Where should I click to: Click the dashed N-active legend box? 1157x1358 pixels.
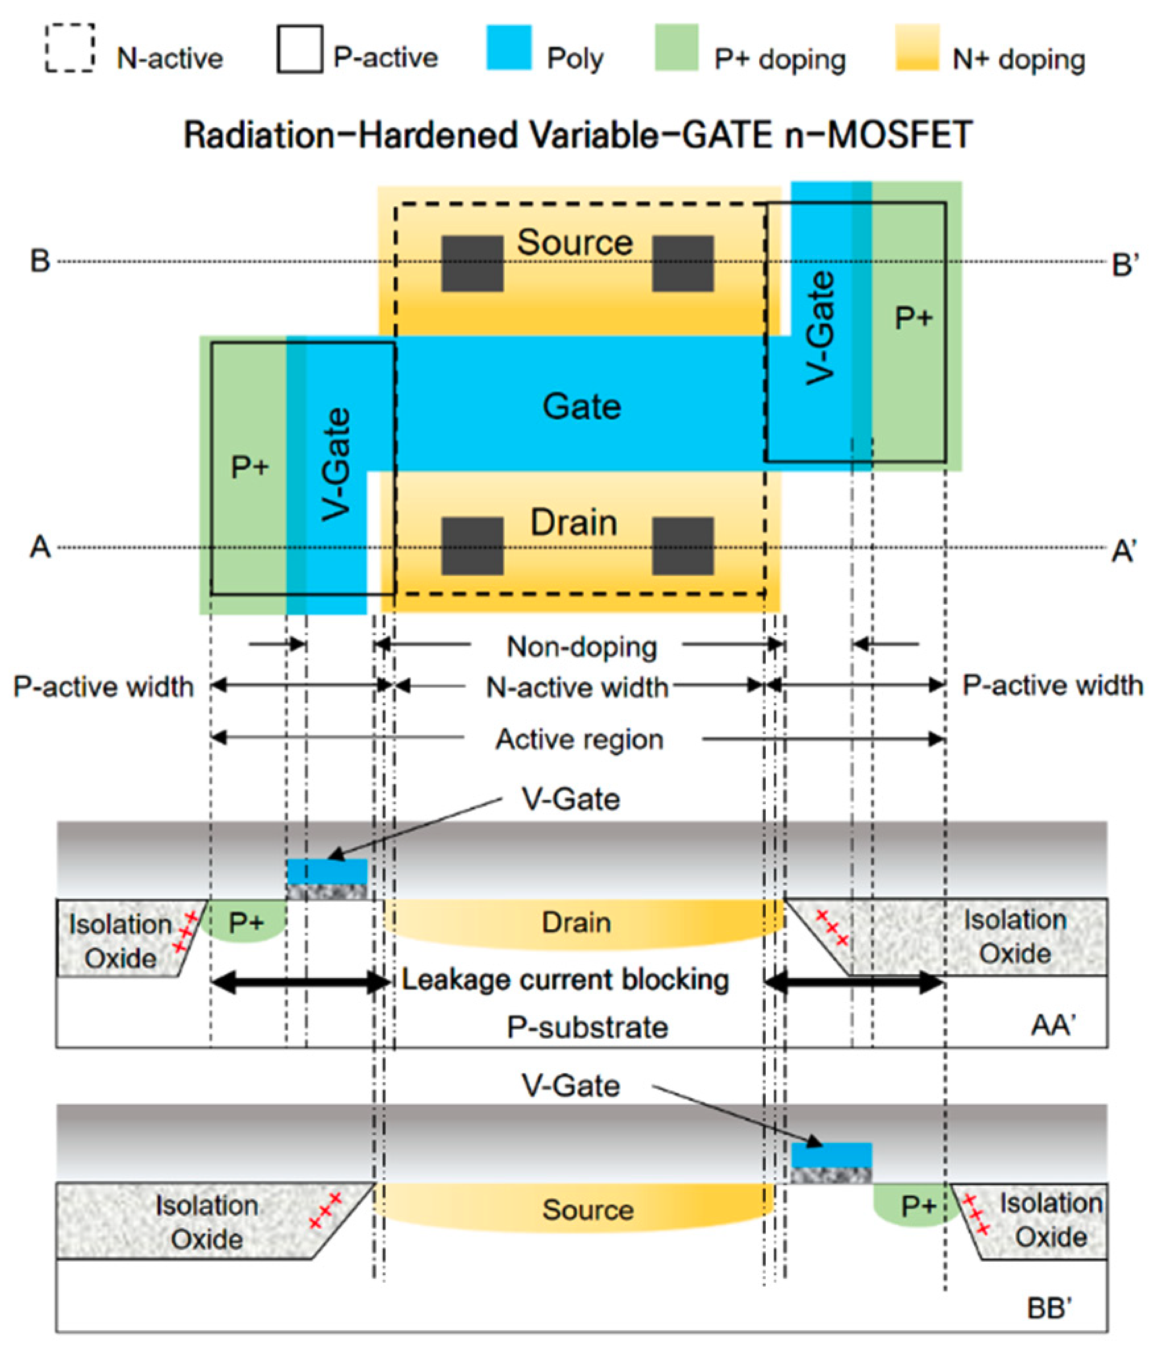point(70,47)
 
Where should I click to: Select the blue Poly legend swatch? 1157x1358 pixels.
point(509,47)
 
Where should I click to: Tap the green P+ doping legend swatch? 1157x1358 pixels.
point(676,47)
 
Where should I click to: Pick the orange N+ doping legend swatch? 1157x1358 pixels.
point(917,47)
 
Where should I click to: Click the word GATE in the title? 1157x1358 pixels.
point(728,135)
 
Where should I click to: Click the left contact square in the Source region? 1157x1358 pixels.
point(472,263)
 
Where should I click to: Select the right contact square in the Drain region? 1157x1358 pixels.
point(683,545)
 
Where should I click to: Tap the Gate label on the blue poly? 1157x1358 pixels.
point(581,406)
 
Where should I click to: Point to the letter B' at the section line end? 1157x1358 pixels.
point(1124,264)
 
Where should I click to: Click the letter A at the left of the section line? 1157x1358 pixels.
point(40,547)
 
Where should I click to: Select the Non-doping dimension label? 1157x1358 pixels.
point(581,646)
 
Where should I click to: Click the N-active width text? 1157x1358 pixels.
point(577,687)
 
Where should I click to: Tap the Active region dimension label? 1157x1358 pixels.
point(579,739)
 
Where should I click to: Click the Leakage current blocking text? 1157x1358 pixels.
point(565,979)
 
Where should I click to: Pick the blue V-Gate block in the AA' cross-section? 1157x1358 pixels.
point(327,871)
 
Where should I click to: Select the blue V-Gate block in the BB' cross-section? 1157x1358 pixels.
point(831,1155)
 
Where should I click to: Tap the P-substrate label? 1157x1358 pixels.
point(587,1027)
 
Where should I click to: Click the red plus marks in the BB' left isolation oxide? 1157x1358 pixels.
point(325,1210)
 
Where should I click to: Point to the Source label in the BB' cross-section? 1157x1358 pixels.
point(587,1210)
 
